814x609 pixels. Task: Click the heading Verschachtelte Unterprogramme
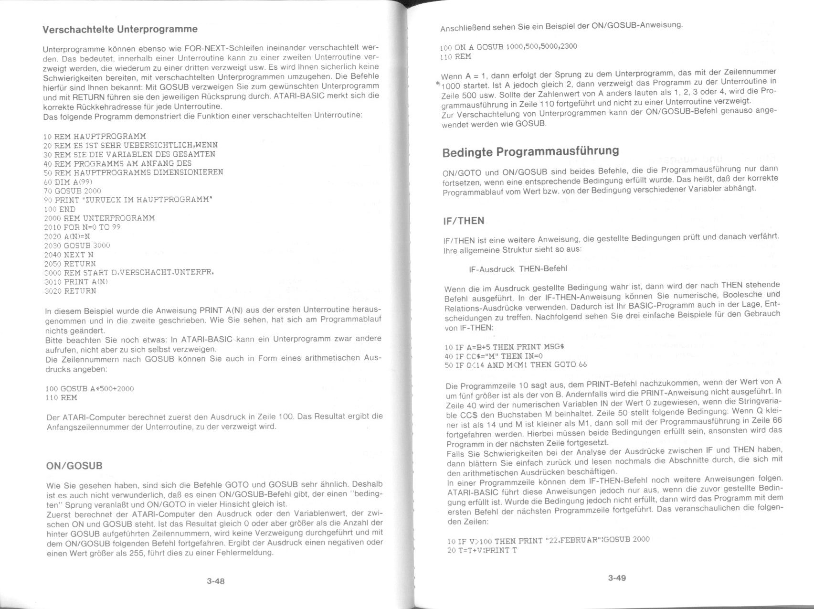[x=120, y=29]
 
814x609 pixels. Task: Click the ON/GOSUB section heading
[x=74, y=466]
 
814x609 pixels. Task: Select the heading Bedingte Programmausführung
[x=530, y=152]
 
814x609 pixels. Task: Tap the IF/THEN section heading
[x=463, y=221]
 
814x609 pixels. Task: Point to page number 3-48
[x=215, y=581]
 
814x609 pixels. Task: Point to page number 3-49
[x=616, y=578]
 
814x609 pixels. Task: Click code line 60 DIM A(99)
[x=68, y=182]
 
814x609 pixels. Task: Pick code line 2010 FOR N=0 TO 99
[x=82, y=227]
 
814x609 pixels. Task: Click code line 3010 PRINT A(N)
[x=76, y=282]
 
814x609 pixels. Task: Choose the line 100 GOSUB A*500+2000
[x=90, y=389]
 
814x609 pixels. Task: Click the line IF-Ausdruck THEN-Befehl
[x=518, y=269]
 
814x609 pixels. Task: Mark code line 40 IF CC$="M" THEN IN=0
[x=494, y=356]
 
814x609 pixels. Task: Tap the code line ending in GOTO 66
[x=515, y=365]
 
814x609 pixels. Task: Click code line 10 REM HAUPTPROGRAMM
[x=95, y=136]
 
